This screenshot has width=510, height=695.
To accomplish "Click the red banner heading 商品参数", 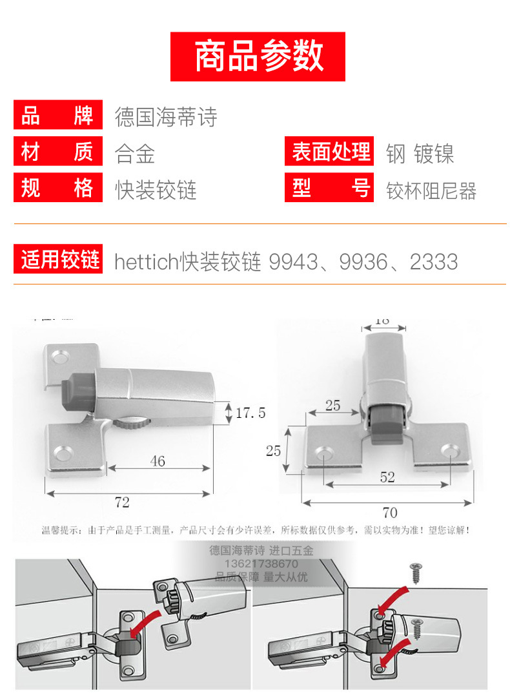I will pos(258,56).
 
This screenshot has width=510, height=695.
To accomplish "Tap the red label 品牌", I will pos(57,116).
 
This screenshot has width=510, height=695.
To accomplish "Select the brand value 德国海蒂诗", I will pos(166,117).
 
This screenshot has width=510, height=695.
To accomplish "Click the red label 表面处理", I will pos(329,152).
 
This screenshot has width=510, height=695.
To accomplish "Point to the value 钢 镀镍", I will pos(420,154).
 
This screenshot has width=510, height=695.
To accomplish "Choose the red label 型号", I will pos(329,189).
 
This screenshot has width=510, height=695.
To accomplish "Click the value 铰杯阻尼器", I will pos(431,191).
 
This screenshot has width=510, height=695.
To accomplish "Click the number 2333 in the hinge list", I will pos(434,262).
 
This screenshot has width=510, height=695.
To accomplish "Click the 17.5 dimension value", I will pos(250,413).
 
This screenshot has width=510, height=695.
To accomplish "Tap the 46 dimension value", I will pos(158,461).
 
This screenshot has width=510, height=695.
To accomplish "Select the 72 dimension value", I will pos(121,502).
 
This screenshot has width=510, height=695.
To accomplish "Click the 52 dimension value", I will pos(387,477).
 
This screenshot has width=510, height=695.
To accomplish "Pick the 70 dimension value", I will pos(389,513).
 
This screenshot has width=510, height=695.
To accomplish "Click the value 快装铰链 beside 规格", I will pos(156,191).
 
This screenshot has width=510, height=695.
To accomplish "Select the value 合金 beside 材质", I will pos(135,154).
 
